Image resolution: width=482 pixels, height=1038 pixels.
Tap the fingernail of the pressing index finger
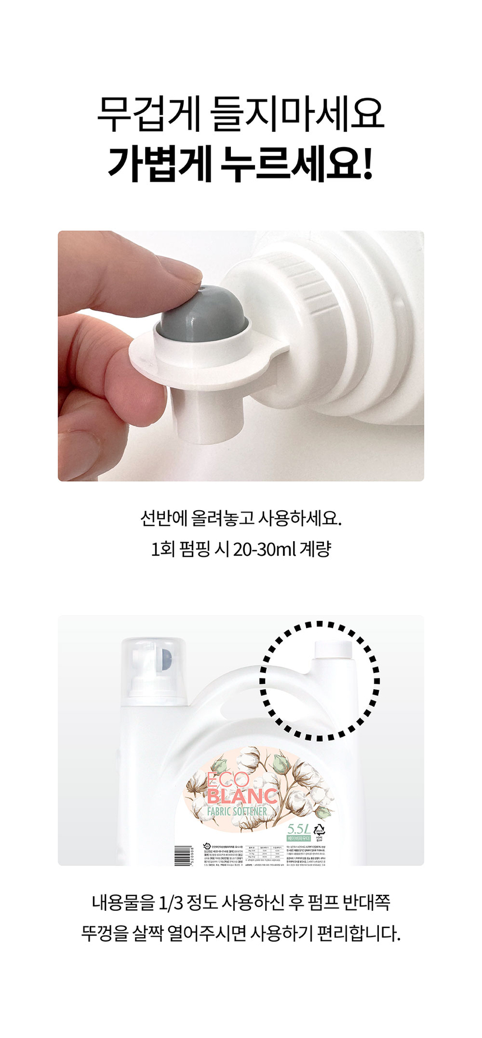pyautogui.click(x=188, y=275)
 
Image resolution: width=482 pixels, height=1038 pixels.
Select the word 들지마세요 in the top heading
pyautogui.click(x=298, y=114)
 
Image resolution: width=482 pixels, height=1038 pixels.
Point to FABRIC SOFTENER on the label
pyautogui.click(x=238, y=811)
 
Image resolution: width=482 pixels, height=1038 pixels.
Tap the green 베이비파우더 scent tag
pyautogui.click(x=299, y=838)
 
